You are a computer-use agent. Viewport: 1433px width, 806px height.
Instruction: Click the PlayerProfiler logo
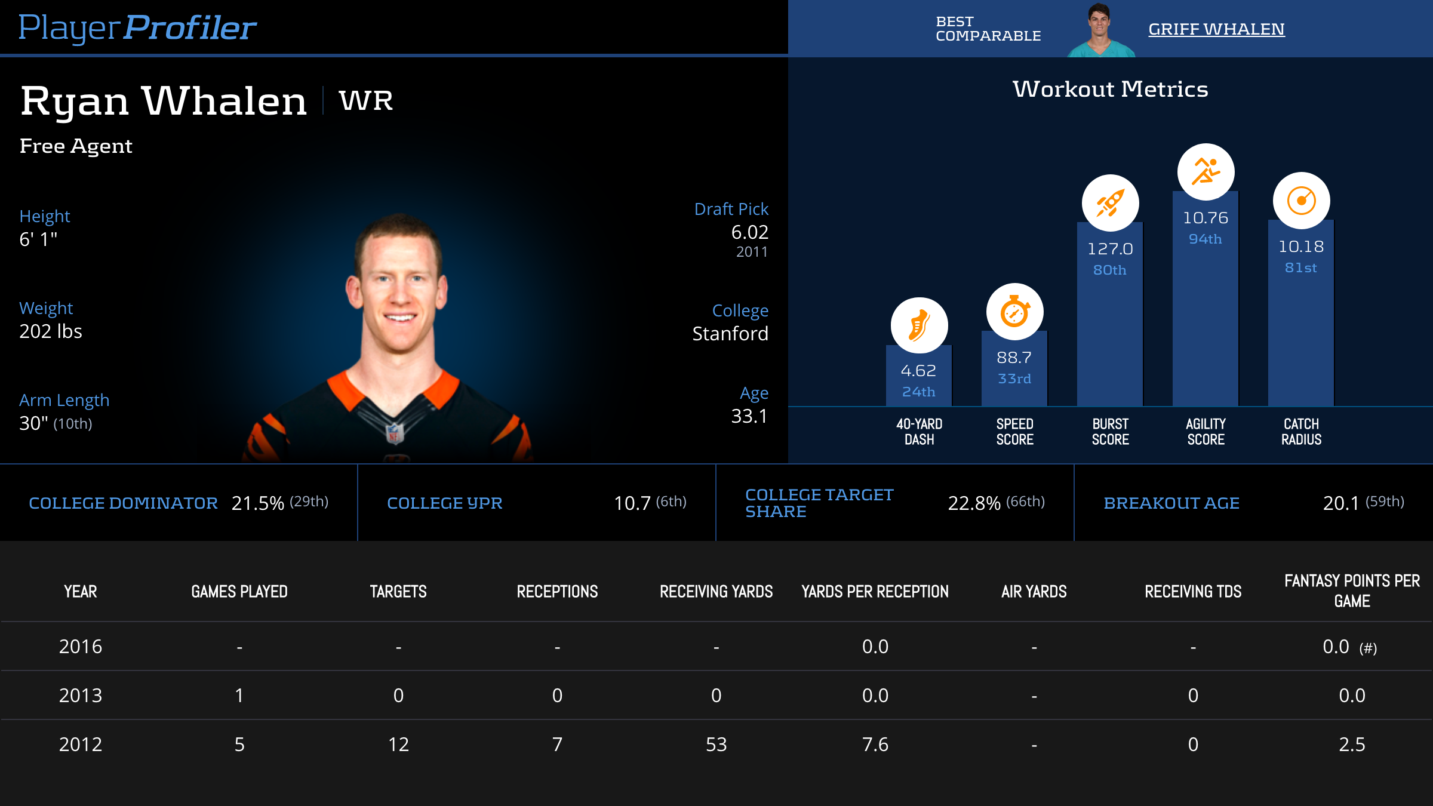(x=137, y=27)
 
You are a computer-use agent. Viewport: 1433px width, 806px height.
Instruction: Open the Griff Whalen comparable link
(x=1216, y=29)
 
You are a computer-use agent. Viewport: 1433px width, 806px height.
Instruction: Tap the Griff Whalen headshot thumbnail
(x=1099, y=30)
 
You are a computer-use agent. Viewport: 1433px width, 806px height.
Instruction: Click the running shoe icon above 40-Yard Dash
(x=919, y=325)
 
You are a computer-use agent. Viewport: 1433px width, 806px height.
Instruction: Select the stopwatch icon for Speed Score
(x=1014, y=312)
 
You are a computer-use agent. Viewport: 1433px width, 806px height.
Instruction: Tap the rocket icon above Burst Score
(x=1110, y=203)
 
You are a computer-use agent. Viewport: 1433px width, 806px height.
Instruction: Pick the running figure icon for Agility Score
(x=1206, y=172)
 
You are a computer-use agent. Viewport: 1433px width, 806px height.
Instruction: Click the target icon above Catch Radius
(x=1301, y=201)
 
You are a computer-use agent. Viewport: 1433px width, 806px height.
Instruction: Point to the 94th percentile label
(x=1205, y=239)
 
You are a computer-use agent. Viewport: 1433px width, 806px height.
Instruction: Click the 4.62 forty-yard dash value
(x=918, y=371)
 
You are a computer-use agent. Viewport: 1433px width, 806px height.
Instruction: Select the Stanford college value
(x=730, y=333)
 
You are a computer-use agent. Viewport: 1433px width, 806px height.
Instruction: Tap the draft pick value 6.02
(x=749, y=232)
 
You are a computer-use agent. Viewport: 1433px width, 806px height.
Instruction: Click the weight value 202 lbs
(x=51, y=331)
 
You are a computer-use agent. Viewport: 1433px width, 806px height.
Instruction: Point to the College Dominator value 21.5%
(x=257, y=503)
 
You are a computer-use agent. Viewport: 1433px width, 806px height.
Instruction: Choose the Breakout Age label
(x=1171, y=503)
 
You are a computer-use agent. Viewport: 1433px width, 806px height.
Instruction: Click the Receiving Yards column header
(x=716, y=592)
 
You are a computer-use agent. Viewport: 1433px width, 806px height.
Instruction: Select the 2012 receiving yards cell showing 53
(x=716, y=745)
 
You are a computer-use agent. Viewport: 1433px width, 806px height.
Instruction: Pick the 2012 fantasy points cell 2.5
(x=1352, y=745)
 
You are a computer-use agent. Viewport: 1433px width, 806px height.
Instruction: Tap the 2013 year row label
(x=81, y=696)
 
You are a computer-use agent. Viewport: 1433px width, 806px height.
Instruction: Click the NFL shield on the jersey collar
(x=395, y=433)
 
